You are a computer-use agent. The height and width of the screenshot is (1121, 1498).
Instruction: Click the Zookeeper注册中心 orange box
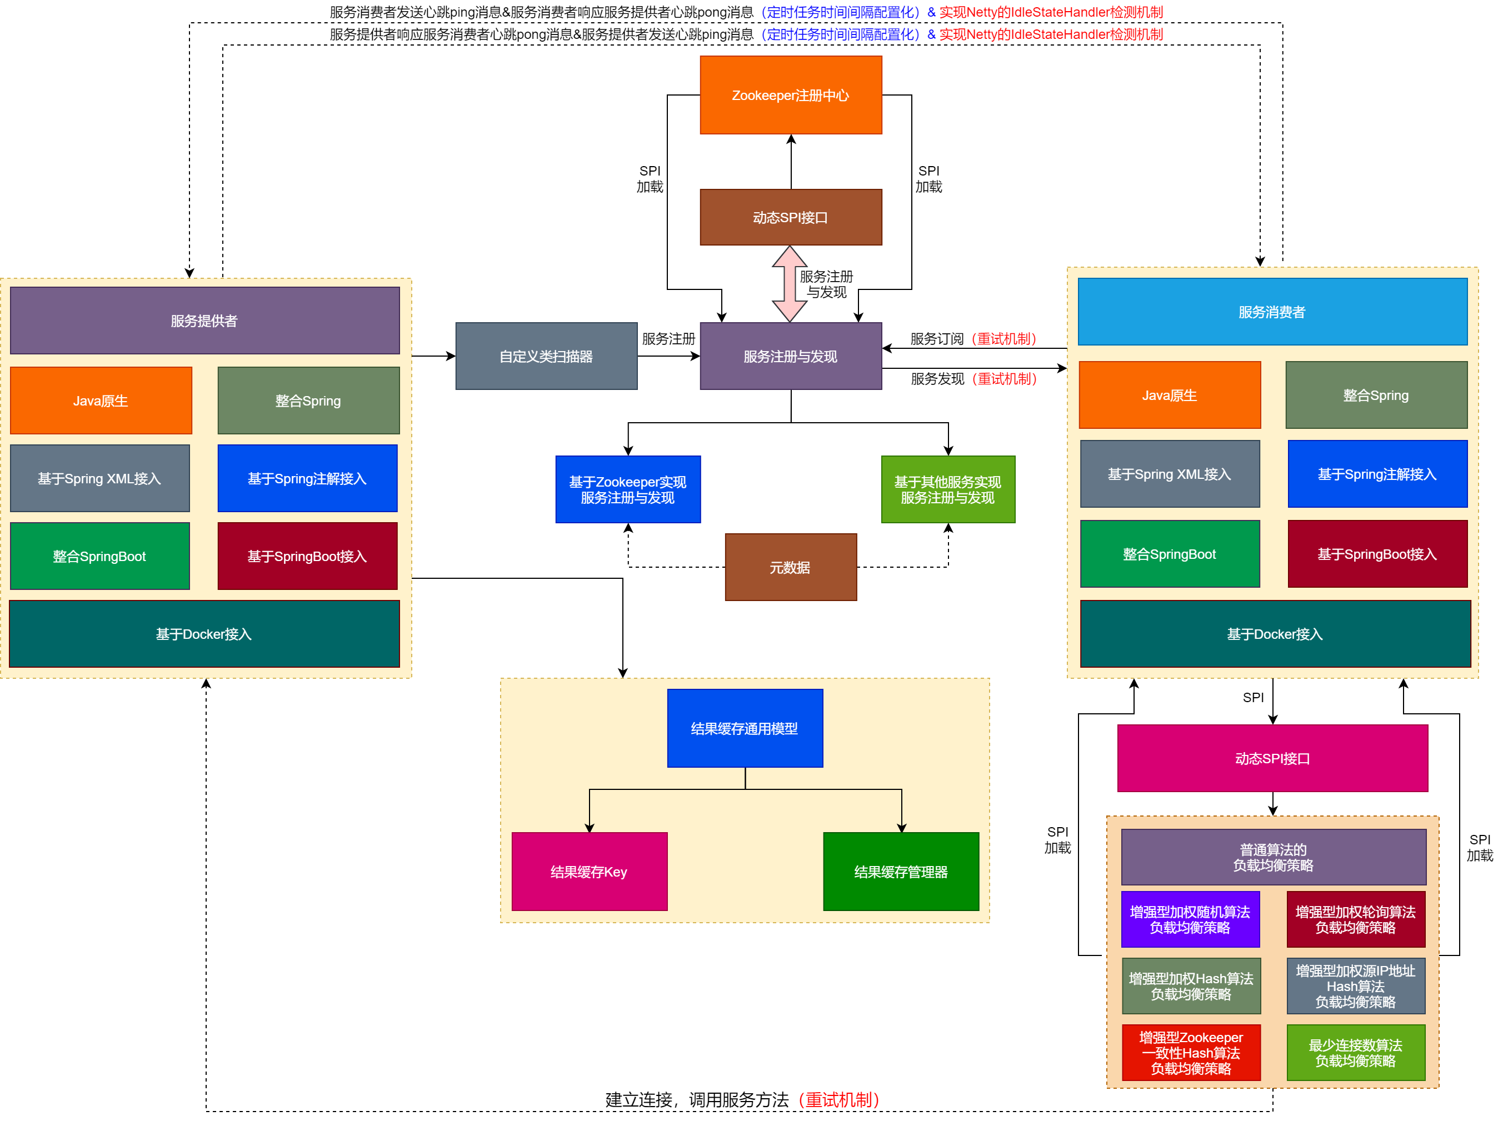[790, 95]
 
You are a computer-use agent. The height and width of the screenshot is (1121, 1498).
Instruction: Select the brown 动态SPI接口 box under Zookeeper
[790, 217]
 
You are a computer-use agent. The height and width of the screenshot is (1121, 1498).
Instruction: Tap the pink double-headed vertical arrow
[789, 284]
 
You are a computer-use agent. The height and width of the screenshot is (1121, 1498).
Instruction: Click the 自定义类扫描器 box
[546, 356]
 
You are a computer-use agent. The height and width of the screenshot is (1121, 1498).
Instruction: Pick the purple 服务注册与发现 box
[790, 356]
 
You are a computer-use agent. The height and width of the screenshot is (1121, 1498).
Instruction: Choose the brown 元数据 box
[790, 567]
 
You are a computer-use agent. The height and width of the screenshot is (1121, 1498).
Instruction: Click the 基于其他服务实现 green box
[947, 489]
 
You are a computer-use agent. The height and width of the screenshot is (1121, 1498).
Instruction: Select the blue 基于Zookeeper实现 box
[628, 489]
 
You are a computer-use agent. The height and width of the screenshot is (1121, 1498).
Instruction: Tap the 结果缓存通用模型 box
[744, 728]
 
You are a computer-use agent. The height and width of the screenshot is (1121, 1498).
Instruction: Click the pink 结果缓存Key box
[589, 872]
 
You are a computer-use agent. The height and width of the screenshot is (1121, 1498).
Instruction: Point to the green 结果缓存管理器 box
[901, 872]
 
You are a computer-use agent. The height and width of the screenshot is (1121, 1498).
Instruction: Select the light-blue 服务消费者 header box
[1272, 312]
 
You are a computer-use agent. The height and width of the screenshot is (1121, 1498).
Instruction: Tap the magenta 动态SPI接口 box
[1272, 758]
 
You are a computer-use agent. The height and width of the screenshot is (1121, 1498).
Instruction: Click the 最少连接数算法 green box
[1355, 1053]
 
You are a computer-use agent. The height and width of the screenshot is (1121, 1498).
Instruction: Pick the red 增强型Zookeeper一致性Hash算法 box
[1191, 1053]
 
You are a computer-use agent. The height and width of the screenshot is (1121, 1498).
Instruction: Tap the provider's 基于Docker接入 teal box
[204, 634]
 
